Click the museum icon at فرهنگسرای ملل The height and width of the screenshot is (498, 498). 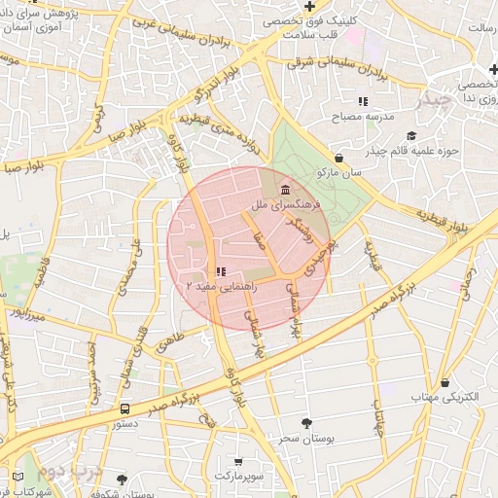(284, 189)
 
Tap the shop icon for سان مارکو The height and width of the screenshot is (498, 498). (338, 157)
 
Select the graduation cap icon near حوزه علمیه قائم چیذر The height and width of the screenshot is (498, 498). (410, 135)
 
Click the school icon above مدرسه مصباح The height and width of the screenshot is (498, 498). (363, 101)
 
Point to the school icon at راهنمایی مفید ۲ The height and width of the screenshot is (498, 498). (222, 272)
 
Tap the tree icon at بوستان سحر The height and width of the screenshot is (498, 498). (307, 423)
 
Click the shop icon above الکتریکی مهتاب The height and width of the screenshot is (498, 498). (445, 382)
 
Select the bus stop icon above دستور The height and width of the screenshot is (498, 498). (124, 409)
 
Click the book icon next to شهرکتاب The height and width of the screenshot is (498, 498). (18, 477)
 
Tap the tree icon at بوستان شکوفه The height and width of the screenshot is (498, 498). (122, 480)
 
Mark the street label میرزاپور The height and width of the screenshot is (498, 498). (24, 314)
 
